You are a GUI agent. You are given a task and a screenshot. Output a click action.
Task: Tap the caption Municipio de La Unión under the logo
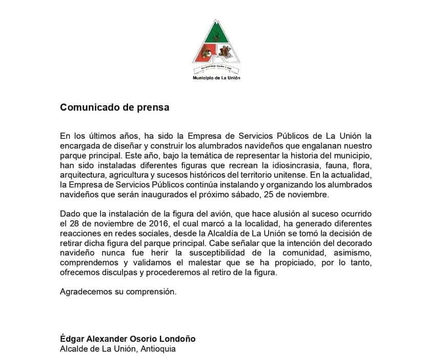click(x=216, y=78)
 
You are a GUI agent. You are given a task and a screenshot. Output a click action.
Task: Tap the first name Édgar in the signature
click(x=72, y=339)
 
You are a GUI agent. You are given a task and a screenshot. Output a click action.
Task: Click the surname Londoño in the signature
click(x=178, y=339)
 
